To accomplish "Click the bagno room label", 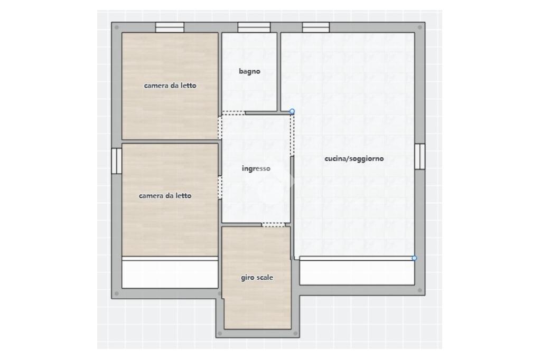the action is pyautogui.click(x=249, y=72).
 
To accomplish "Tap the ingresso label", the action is pyautogui.click(x=256, y=168).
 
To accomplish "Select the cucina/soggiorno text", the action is pyautogui.click(x=354, y=158).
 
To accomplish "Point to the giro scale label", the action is pyautogui.click(x=257, y=278).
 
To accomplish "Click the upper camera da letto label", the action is pyautogui.click(x=170, y=86).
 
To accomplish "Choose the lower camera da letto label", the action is pyautogui.click(x=165, y=196).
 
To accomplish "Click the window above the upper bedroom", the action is pyautogui.click(x=170, y=27).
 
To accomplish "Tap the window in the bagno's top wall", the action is pyautogui.click(x=254, y=27).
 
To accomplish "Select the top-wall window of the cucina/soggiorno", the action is pyautogui.click(x=316, y=27).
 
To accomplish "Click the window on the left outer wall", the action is pyautogui.click(x=117, y=160).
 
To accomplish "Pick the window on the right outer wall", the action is pyautogui.click(x=419, y=157).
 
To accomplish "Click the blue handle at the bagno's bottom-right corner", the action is pyautogui.click(x=292, y=111).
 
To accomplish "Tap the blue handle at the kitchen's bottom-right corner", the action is pyautogui.click(x=414, y=258).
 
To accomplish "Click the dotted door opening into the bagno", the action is pyautogui.click(x=234, y=113).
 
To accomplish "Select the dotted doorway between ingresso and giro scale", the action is pyautogui.click(x=273, y=225).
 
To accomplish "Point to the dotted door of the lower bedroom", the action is pyautogui.click(x=220, y=187).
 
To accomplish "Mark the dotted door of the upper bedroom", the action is pyautogui.click(x=220, y=128).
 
